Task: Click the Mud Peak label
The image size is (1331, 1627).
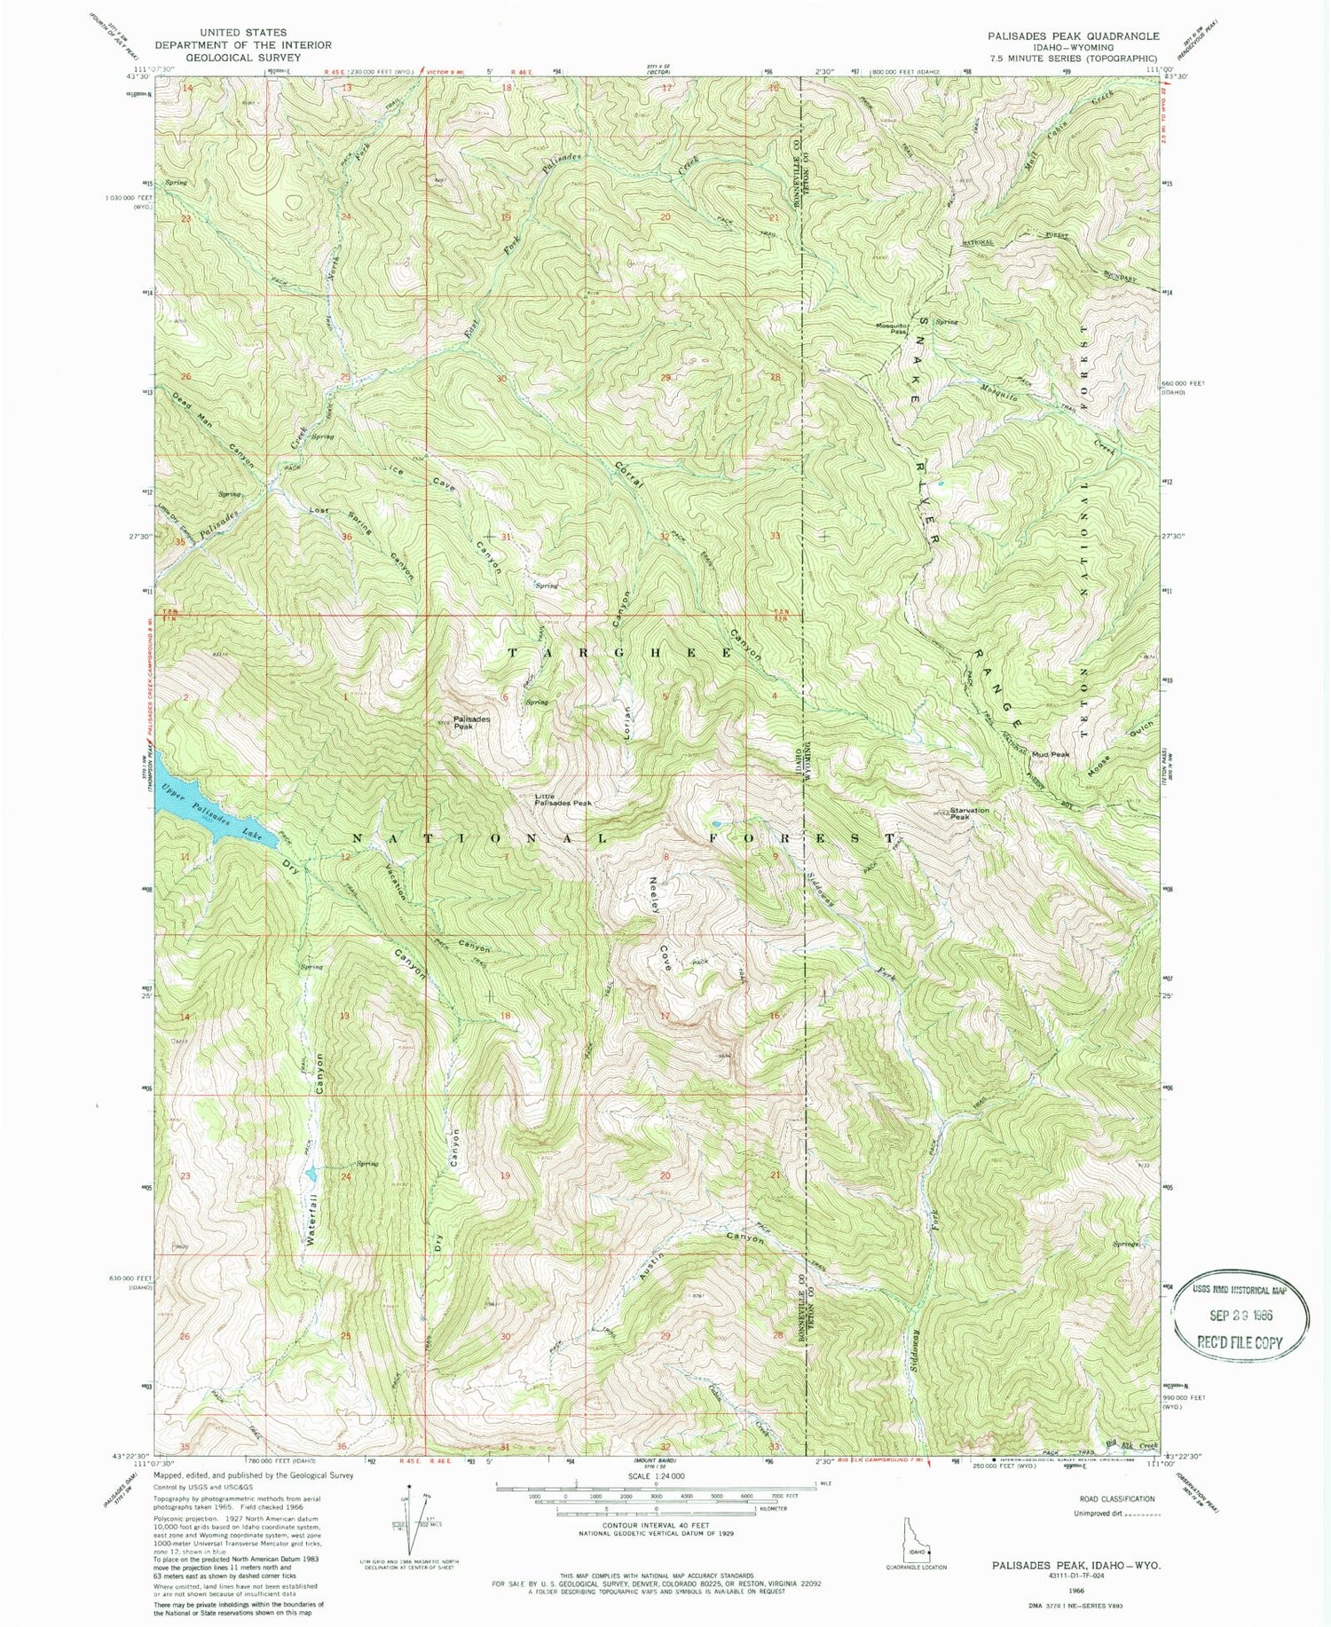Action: click(1051, 754)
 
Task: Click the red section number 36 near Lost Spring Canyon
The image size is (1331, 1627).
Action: click(347, 537)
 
